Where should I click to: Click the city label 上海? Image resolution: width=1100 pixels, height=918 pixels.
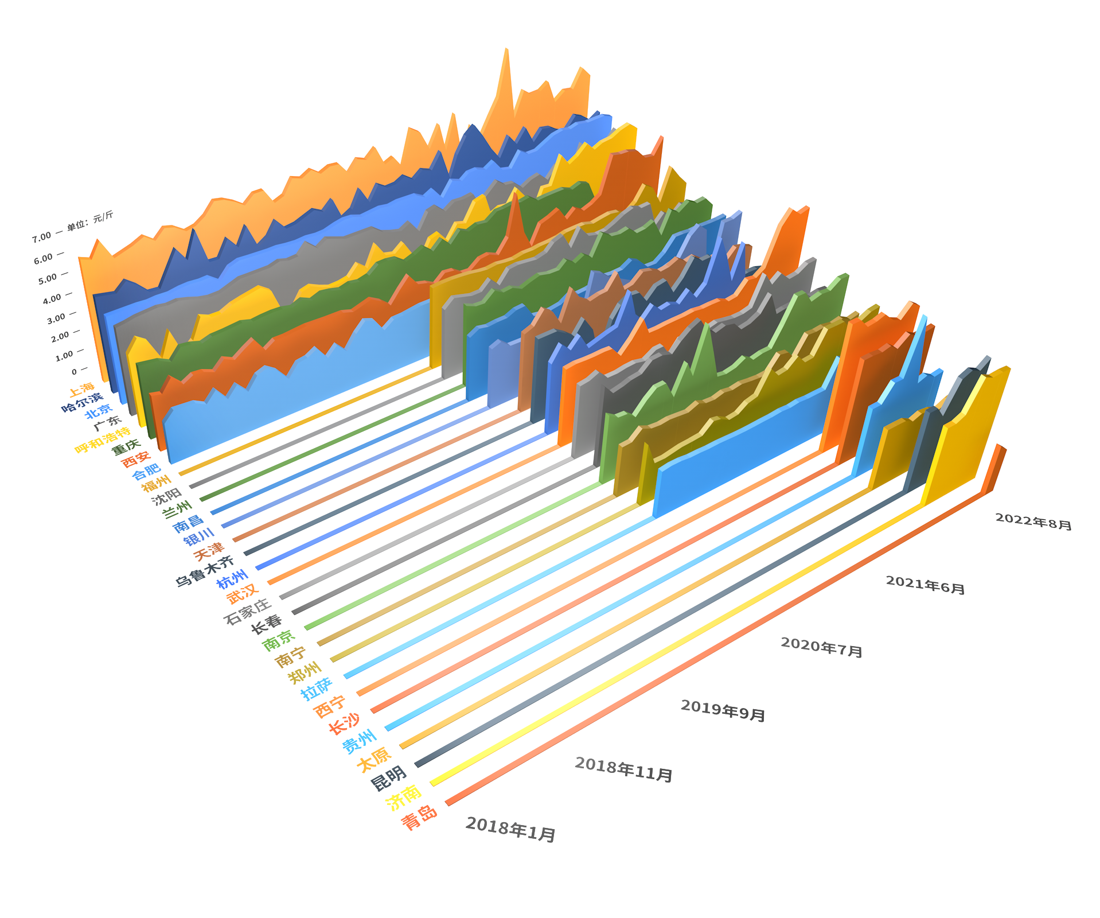tap(81, 390)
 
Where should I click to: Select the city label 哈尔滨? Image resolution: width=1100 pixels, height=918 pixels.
tap(82, 402)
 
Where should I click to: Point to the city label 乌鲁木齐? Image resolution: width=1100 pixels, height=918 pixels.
tap(205, 571)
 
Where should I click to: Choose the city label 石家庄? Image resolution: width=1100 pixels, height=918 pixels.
tap(247, 612)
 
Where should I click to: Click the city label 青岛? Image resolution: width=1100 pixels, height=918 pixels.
tap(419, 818)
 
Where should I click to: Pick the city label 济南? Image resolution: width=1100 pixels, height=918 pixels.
tap(404, 798)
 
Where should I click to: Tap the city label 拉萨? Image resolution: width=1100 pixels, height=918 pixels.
tap(317, 688)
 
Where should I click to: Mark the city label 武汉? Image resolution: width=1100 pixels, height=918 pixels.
tap(243, 594)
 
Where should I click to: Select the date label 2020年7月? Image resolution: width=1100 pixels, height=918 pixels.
tap(822, 647)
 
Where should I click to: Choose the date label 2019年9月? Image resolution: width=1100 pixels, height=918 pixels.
tap(723, 710)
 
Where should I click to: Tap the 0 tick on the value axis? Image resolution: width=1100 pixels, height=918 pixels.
tap(74, 372)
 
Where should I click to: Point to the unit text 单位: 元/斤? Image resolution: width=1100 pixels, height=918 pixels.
tap(90, 221)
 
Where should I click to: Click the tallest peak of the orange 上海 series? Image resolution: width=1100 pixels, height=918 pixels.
tap(506, 49)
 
